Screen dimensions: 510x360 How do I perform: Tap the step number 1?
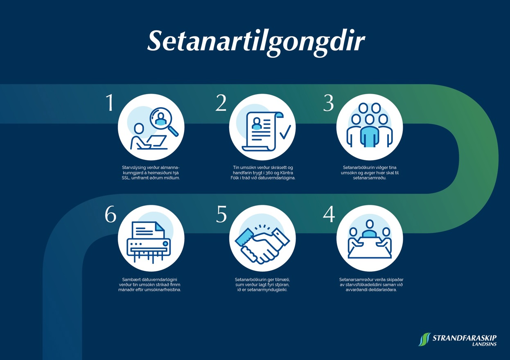(x=110, y=103)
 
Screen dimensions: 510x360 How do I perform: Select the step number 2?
(x=221, y=103)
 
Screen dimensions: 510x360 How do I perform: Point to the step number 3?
(x=329, y=103)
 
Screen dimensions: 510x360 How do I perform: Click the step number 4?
(x=329, y=214)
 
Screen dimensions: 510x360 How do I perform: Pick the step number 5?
(x=221, y=214)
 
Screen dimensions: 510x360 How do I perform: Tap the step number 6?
(x=111, y=214)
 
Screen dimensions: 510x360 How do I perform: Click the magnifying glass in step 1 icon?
(x=164, y=122)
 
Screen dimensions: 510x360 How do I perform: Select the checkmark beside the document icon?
(x=285, y=132)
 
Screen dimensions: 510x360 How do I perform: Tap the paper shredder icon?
(x=149, y=242)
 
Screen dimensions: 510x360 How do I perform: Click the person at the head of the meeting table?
(x=370, y=228)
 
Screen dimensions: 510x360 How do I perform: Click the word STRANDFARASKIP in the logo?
(x=465, y=338)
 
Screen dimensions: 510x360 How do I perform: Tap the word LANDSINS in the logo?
(x=484, y=344)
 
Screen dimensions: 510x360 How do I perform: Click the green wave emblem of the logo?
(x=424, y=339)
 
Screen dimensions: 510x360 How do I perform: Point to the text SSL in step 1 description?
(x=125, y=178)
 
